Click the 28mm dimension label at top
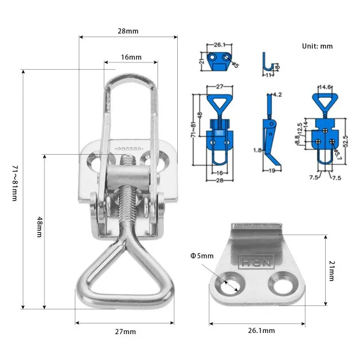coord(128,31)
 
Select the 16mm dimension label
coord(131,57)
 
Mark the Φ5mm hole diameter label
coord(202,256)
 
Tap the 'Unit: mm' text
coord(318,46)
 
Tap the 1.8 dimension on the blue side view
coord(256,151)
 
